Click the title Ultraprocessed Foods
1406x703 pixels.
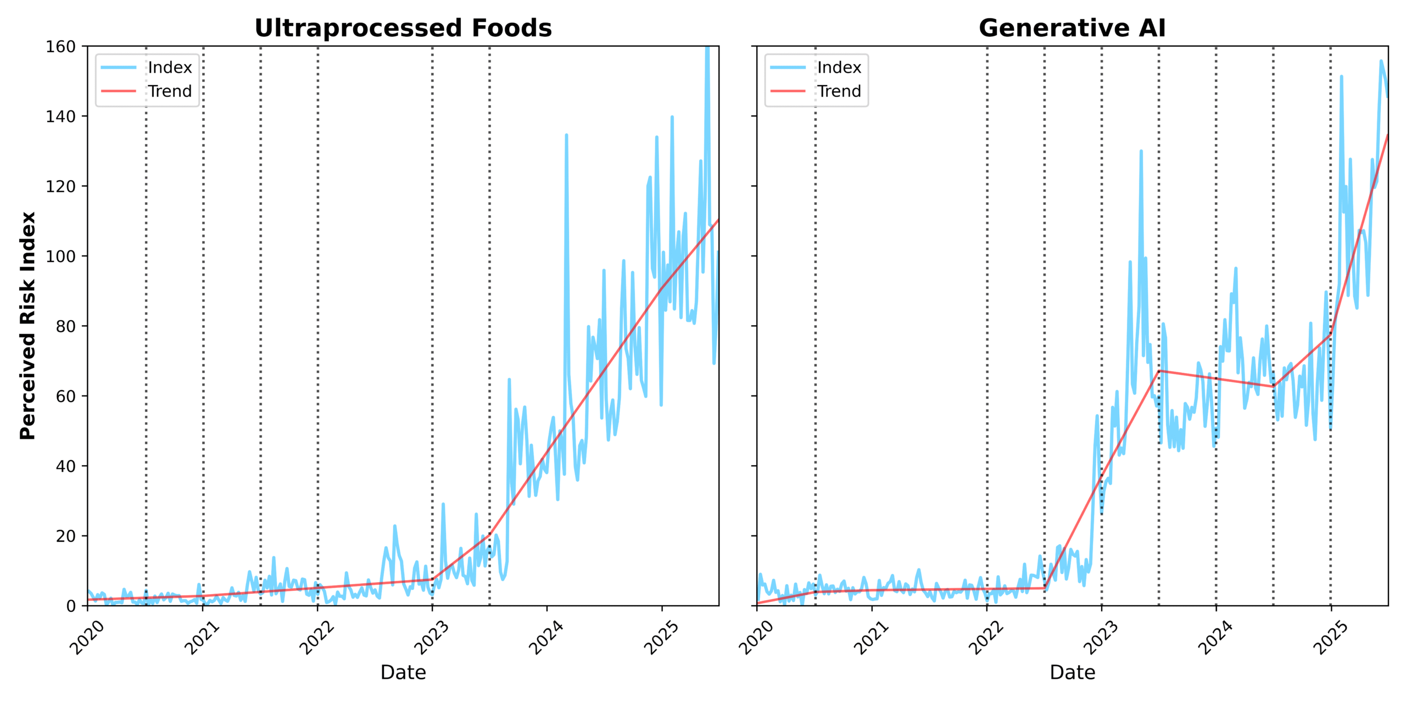[403, 28]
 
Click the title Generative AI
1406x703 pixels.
[1072, 28]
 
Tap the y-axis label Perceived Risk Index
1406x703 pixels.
[27, 326]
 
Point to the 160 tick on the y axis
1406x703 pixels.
[60, 47]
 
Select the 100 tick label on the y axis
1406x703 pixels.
[60, 256]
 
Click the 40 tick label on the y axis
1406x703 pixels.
[65, 466]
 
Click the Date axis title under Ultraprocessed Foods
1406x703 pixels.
[403, 672]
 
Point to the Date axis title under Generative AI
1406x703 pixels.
[1072, 672]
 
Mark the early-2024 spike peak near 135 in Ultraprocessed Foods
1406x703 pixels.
[566, 135]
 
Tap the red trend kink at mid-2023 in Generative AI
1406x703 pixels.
[1159, 371]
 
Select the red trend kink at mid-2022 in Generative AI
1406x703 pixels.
[1044, 588]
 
